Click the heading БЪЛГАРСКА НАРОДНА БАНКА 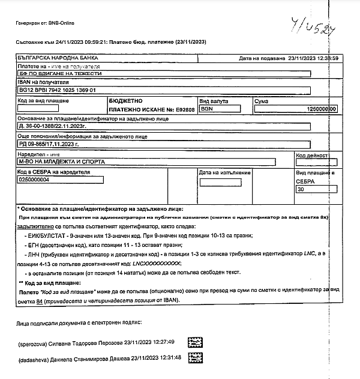coord(53,58)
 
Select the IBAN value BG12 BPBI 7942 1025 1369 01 coord(58,89)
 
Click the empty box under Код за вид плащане coord(38,109)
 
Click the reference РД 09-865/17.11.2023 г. coord(49,145)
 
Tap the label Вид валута coord(212,101)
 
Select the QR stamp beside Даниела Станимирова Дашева coord(196,359)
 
